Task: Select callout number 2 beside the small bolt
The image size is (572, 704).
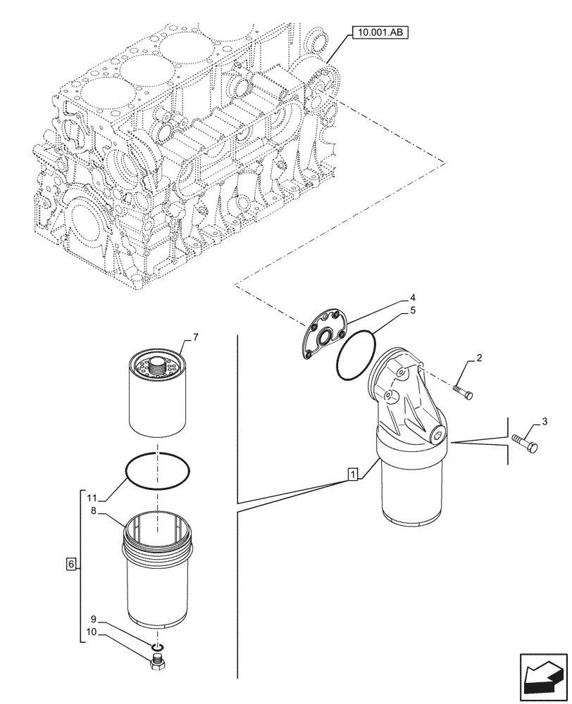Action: click(x=479, y=359)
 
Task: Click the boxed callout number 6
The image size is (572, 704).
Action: click(x=70, y=564)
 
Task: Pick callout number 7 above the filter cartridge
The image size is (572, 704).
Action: click(x=195, y=338)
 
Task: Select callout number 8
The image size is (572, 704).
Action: click(x=92, y=513)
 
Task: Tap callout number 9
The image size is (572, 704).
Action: click(x=92, y=621)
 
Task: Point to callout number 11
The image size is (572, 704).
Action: click(x=92, y=498)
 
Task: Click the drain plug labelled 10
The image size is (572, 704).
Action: click(x=158, y=662)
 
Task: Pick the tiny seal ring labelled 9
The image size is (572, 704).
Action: click(x=158, y=648)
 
